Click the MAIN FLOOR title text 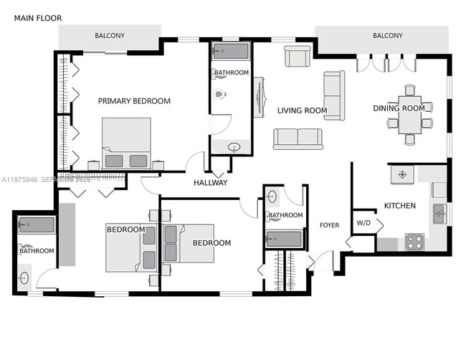(38, 18)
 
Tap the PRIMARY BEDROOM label (134, 101)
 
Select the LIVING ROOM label (302, 110)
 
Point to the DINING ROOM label (399, 108)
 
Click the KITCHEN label (399, 206)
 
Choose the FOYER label (329, 225)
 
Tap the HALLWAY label (210, 183)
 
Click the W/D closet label (363, 222)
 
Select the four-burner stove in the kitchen (414, 242)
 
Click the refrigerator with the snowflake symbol (402, 174)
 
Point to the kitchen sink (439, 213)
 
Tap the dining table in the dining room (410, 114)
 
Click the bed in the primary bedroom (126, 143)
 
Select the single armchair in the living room (298, 56)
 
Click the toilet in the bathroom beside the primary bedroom (220, 94)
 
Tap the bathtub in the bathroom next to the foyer (285, 238)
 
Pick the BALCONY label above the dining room (387, 36)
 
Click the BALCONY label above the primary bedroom (110, 36)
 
